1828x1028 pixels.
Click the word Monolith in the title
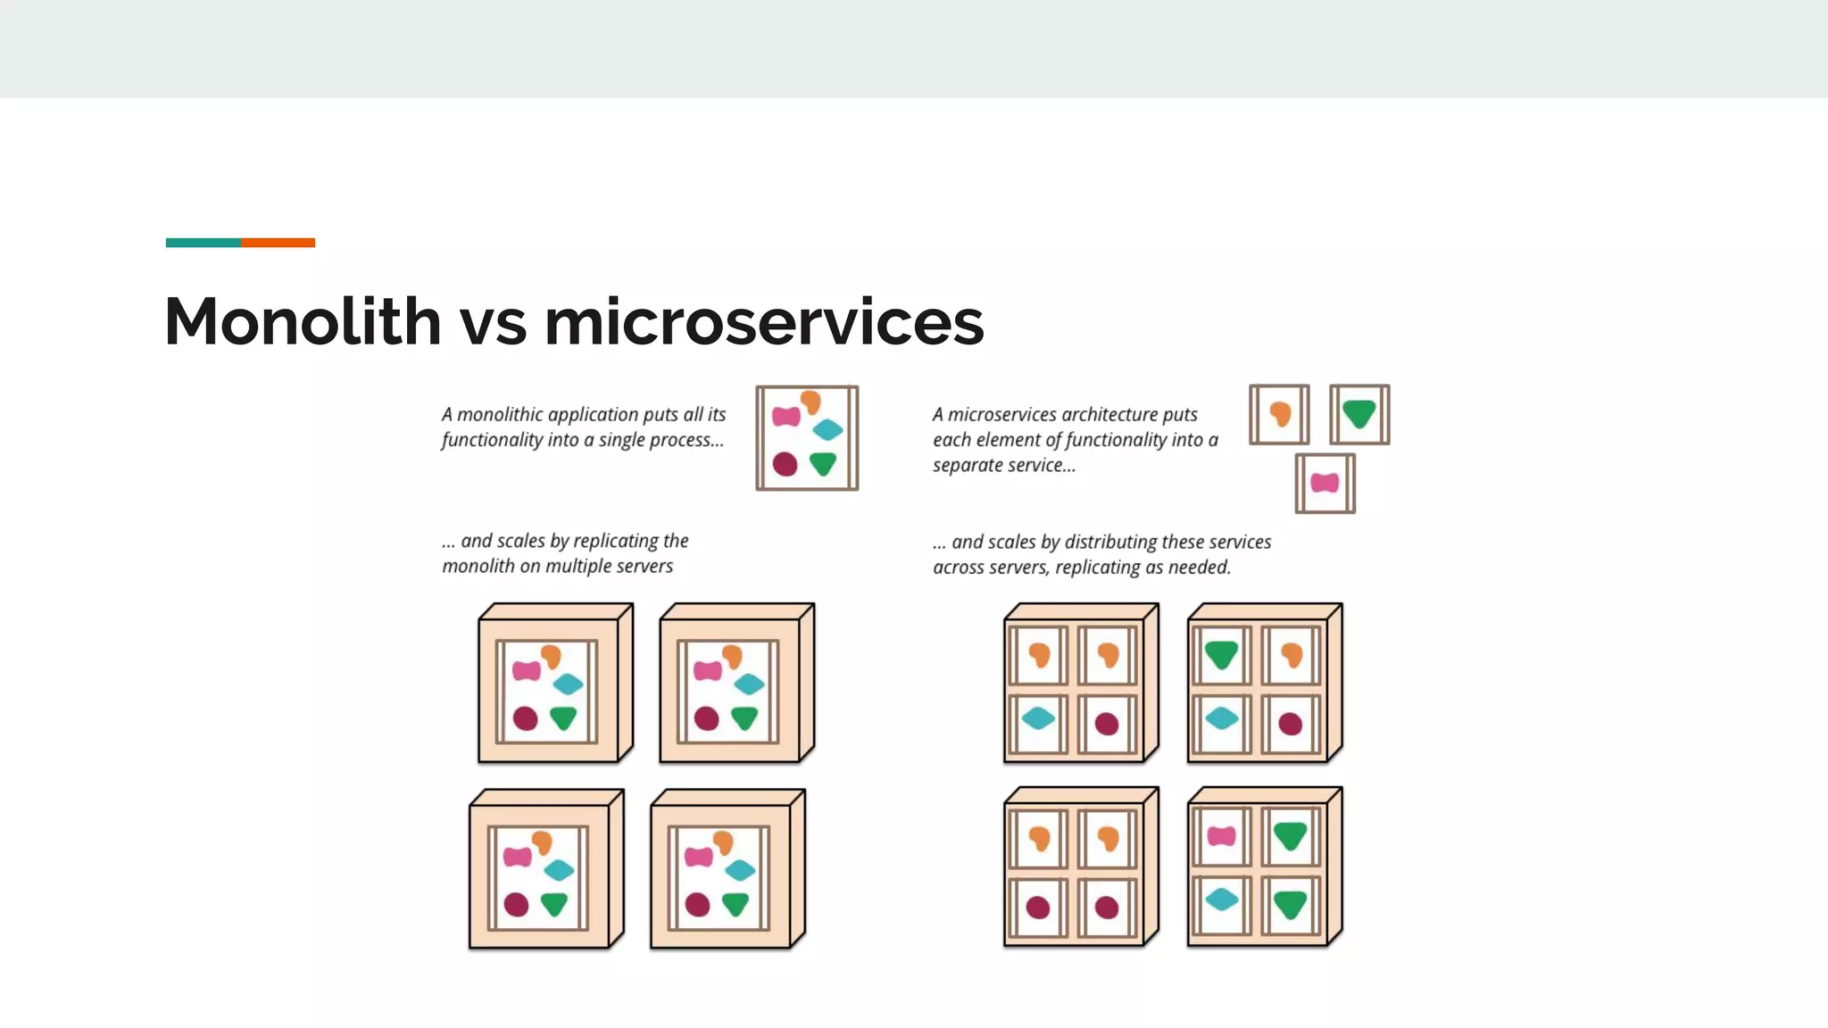tap(303, 321)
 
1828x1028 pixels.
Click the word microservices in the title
tap(764, 321)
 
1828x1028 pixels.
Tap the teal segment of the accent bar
tap(203, 243)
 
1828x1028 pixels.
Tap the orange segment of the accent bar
tap(278, 243)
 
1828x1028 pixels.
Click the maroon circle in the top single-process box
tap(785, 464)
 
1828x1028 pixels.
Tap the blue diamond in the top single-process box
tap(827, 430)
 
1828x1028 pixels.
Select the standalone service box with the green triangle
tap(1359, 414)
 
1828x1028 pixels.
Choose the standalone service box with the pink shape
tap(1325, 483)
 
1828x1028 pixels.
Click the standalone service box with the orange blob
tap(1279, 414)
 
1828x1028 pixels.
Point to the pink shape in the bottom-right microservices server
tap(1221, 836)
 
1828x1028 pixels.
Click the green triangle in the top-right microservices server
tap(1221, 655)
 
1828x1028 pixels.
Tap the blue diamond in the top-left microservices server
tap(1038, 717)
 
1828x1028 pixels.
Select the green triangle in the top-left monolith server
tap(563, 717)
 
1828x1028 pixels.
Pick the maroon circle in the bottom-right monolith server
tap(697, 905)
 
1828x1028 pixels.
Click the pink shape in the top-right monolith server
tap(708, 671)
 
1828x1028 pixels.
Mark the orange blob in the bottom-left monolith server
tap(542, 841)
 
